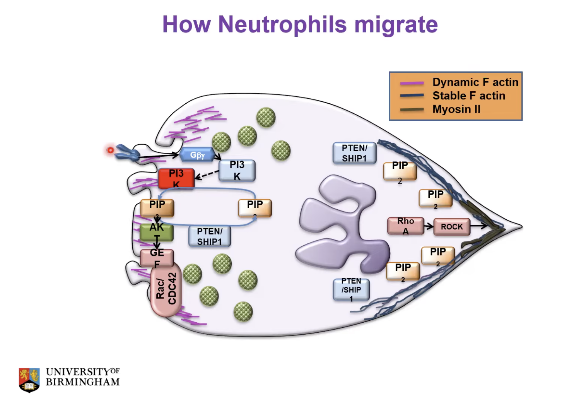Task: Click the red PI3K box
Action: [x=176, y=178]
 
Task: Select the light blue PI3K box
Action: [x=237, y=171]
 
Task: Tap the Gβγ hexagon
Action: [x=197, y=155]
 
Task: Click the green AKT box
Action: [x=157, y=232]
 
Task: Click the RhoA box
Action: [x=405, y=226]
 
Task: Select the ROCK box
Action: [x=451, y=227]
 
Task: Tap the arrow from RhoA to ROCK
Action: [x=429, y=226]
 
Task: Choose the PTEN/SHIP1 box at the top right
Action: [x=354, y=153]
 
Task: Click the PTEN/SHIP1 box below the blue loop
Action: [x=210, y=236]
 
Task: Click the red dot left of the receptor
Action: [x=110, y=150]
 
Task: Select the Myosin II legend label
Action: [x=456, y=109]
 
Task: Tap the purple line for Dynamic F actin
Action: [x=412, y=83]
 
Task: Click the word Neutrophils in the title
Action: [x=282, y=24]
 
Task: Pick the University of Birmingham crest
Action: [x=29, y=380]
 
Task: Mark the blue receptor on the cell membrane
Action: [x=127, y=152]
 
